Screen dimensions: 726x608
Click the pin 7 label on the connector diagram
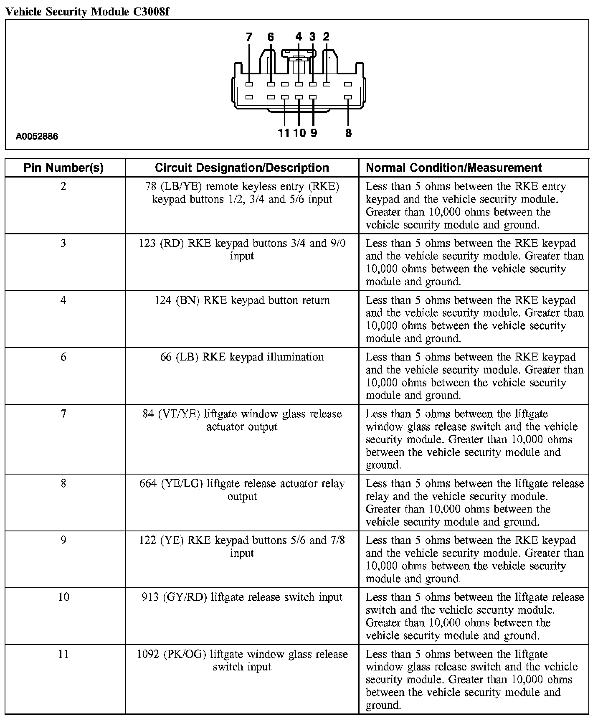tap(249, 37)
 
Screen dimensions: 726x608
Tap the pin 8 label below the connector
tap(348, 133)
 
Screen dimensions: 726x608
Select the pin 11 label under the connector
tap(284, 133)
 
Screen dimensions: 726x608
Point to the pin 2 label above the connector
tap(326, 37)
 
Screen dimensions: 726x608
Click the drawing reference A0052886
tap(37, 137)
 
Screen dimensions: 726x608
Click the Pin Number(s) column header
tap(63, 168)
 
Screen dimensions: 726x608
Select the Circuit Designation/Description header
tap(242, 168)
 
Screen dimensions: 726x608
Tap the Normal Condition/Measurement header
tap(453, 168)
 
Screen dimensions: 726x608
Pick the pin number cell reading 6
tap(63, 357)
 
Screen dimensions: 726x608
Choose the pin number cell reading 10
tap(63, 597)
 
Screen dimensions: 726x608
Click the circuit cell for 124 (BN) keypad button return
tap(242, 300)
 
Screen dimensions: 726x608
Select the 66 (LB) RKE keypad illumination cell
tap(242, 357)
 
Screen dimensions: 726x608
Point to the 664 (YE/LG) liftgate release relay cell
tap(242, 490)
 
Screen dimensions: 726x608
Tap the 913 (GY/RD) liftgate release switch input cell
tap(242, 597)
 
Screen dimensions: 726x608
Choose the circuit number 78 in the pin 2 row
tap(151, 186)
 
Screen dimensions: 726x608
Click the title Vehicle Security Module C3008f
tap(87, 11)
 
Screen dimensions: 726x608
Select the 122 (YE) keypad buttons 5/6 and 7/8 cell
tap(242, 546)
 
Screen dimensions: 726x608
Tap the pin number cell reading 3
tap(63, 244)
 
